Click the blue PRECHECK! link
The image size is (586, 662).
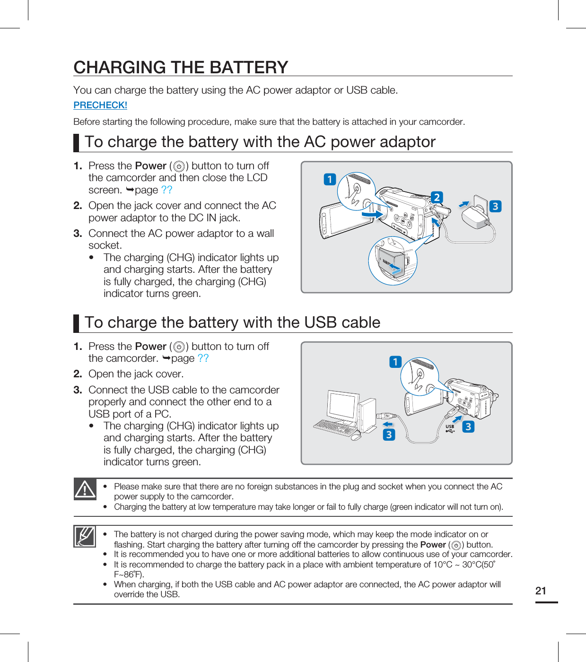pos(100,105)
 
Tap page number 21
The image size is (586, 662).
pos(541,591)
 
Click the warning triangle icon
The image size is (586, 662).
pos(85,489)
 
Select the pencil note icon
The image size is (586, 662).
pos(85,536)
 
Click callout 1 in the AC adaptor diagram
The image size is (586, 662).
pos(330,179)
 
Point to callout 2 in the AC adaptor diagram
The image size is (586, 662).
pos(437,197)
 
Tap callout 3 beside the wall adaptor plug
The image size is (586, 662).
pos(495,206)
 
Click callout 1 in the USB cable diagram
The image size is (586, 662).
pos(395,362)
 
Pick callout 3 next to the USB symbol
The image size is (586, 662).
pos(468,427)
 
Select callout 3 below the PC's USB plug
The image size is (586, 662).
pos(389,435)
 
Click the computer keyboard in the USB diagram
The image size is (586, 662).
pos(335,427)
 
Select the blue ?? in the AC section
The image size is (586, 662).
pos(166,190)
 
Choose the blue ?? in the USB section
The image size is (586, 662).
pos(203,358)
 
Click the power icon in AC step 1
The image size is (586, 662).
pos(179,166)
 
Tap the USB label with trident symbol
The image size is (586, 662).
pos(450,428)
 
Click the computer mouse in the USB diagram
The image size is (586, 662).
pos(356,437)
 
